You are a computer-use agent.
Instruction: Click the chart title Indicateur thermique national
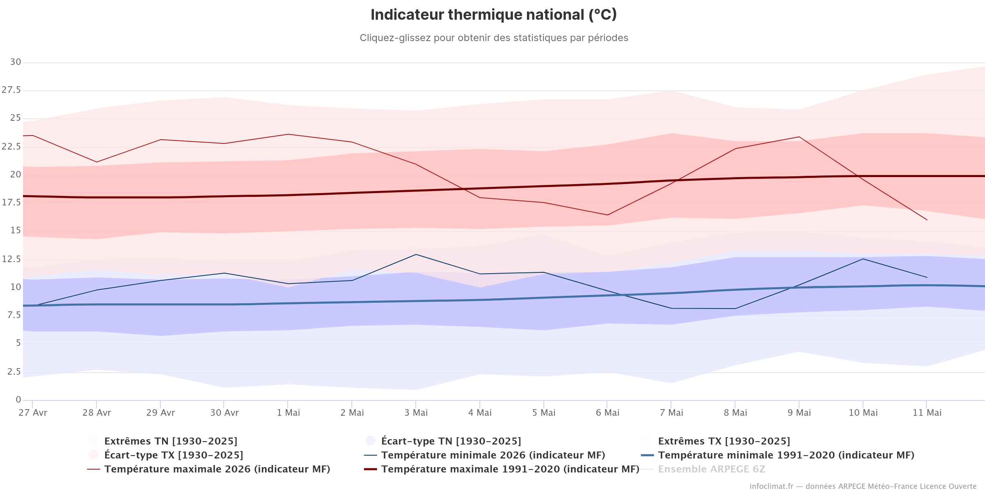click(494, 15)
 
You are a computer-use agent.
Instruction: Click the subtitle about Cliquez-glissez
click(494, 38)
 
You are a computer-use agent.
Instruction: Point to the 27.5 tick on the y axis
click(11, 90)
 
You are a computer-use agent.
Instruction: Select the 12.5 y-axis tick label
click(11, 259)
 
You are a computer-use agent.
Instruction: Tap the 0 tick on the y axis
click(18, 400)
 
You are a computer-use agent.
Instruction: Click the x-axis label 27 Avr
click(33, 413)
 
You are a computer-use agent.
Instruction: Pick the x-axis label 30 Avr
click(224, 413)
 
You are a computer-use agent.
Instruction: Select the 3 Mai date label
click(416, 413)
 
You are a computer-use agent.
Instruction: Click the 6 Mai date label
click(608, 413)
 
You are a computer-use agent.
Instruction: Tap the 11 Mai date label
click(927, 413)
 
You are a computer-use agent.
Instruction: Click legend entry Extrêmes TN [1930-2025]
click(171, 441)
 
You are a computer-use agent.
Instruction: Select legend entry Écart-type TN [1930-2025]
click(451, 441)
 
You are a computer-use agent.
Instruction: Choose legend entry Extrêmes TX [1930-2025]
click(724, 441)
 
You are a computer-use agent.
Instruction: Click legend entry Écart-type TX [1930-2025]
click(174, 455)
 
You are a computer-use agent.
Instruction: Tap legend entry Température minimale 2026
click(493, 455)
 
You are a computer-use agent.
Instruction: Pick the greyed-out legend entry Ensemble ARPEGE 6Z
click(712, 469)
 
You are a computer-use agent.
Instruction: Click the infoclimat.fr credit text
click(863, 486)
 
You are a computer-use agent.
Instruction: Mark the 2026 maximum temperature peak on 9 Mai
click(799, 137)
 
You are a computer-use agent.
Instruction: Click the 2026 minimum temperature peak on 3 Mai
click(416, 254)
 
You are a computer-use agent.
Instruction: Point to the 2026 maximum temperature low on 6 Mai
click(607, 215)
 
